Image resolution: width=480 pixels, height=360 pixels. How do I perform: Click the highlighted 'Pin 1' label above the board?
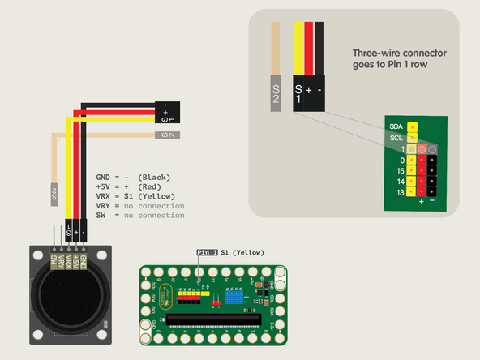pyautogui.click(x=208, y=253)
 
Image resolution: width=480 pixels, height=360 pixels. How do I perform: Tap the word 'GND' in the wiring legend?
pyautogui.click(x=104, y=177)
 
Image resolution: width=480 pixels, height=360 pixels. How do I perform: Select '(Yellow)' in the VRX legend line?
pyautogui.click(x=160, y=196)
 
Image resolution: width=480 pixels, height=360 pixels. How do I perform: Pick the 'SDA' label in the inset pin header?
pyautogui.click(x=396, y=127)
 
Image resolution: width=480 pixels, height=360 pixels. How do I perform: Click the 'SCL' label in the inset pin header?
pyautogui.click(x=396, y=138)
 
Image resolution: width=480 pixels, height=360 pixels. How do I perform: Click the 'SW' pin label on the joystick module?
pyautogui.click(x=54, y=262)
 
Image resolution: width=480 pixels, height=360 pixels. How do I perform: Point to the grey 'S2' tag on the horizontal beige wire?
pyautogui.click(x=165, y=135)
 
